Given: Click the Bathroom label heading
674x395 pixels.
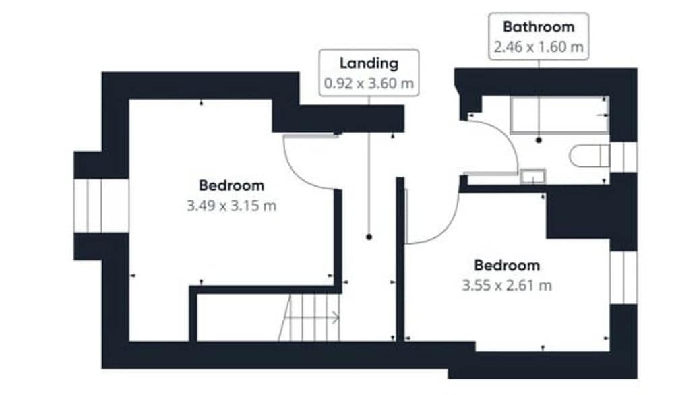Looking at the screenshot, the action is pyautogui.click(x=539, y=27).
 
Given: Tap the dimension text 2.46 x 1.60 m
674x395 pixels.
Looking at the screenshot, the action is pyautogui.click(x=539, y=47).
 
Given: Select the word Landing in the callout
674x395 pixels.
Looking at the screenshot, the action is pyautogui.click(x=369, y=63).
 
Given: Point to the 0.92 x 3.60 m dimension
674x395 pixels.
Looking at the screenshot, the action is pyautogui.click(x=369, y=83).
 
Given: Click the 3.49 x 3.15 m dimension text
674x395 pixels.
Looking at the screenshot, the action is pyautogui.click(x=231, y=206).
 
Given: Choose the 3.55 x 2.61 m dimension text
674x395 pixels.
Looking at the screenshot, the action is pyautogui.click(x=507, y=285).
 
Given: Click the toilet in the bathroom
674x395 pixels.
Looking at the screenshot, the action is pyautogui.click(x=590, y=156).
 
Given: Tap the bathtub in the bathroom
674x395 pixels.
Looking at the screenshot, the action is pyautogui.click(x=559, y=115).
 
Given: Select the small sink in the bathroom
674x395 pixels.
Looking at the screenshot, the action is pyautogui.click(x=533, y=176).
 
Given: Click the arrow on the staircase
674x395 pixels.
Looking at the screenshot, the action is pyautogui.click(x=312, y=317).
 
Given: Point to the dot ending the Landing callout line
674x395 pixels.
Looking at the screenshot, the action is pyautogui.click(x=369, y=237).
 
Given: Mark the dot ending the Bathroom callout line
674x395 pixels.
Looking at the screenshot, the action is pyautogui.click(x=539, y=140).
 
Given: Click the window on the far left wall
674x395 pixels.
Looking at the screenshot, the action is pyautogui.click(x=102, y=206).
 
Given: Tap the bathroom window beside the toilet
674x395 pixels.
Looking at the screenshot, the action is pyautogui.click(x=623, y=157).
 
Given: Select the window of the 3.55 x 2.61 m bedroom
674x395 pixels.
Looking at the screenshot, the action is pyautogui.click(x=623, y=277).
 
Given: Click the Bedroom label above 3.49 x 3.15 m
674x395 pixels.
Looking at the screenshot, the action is pyautogui.click(x=231, y=185).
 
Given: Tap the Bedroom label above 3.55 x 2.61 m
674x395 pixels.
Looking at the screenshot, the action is pyautogui.click(x=507, y=265).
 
